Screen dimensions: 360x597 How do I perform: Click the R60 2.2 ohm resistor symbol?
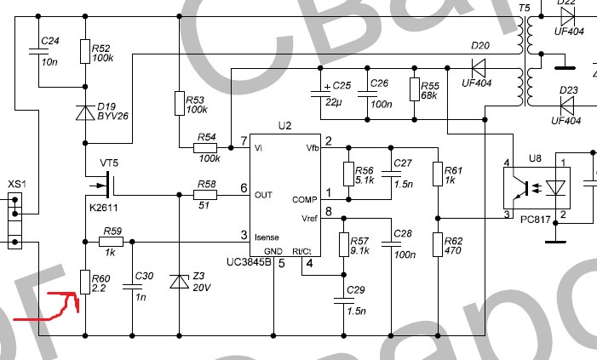(85, 282)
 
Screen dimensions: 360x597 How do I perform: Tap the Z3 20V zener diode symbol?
(179, 282)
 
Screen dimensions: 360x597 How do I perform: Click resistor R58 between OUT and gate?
(205, 195)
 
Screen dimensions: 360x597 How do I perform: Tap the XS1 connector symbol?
(14, 220)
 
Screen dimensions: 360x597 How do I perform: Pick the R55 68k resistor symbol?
(415, 89)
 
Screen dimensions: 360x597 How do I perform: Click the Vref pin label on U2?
(308, 219)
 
